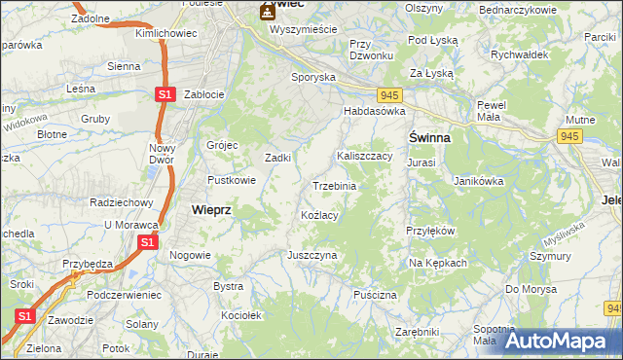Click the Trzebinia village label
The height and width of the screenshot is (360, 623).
(x=334, y=186)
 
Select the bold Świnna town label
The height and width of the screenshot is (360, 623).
(x=428, y=138)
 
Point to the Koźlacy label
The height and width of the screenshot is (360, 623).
(x=319, y=215)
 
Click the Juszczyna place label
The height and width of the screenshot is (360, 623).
(x=311, y=255)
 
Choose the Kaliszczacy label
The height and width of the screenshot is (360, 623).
(x=364, y=156)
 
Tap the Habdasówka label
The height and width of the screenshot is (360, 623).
(x=373, y=112)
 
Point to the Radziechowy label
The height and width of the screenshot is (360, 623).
(x=122, y=202)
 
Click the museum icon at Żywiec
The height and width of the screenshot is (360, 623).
(x=266, y=13)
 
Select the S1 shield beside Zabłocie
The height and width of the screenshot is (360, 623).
(x=165, y=94)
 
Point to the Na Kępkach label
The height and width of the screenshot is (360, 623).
(x=438, y=264)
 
